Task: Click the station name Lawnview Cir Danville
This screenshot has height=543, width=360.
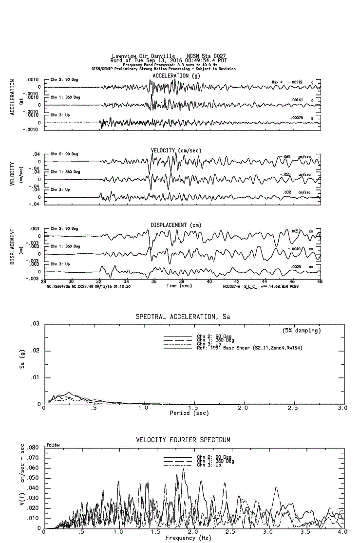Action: [x=143, y=56]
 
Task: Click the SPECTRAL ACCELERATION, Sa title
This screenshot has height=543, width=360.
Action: [x=183, y=317]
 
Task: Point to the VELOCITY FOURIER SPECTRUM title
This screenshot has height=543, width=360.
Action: [x=183, y=440]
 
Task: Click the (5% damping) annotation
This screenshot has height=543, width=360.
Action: [x=302, y=330]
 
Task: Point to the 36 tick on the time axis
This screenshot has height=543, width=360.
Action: [x=154, y=281]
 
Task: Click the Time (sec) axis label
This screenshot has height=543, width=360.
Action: [x=180, y=286]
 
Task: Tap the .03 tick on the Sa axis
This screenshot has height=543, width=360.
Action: [x=34, y=324]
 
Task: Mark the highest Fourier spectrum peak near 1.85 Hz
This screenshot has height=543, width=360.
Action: [x=183, y=468]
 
